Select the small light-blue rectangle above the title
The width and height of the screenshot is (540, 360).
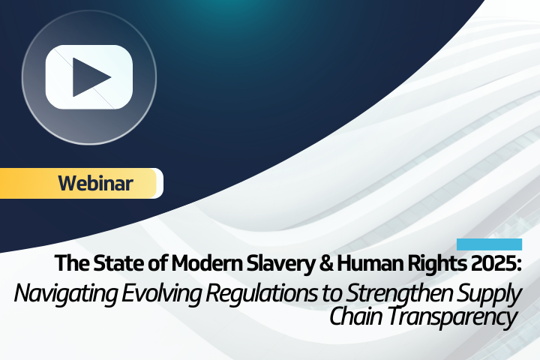coord(489,244)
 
